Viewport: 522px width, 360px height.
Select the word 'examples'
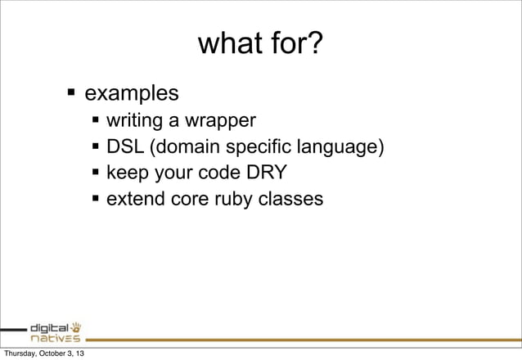tap(132, 91)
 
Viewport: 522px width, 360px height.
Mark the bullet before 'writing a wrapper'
tap(97, 122)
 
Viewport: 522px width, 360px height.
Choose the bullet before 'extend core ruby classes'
tap(97, 198)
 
